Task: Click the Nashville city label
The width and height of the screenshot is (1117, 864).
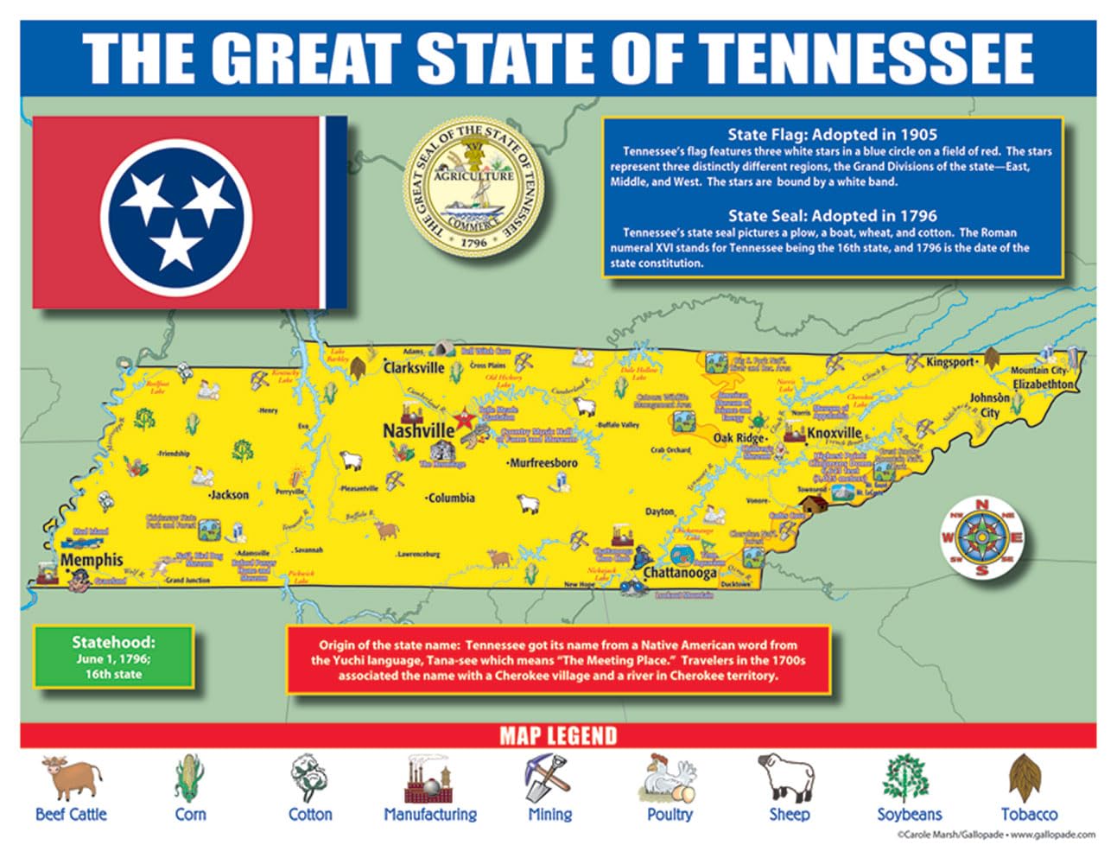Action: pyautogui.click(x=418, y=430)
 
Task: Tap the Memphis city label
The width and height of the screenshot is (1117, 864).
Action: pyautogui.click(x=92, y=560)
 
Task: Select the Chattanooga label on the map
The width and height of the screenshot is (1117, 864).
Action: pyautogui.click(x=679, y=573)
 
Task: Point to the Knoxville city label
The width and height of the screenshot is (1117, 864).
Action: pyautogui.click(x=835, y=433)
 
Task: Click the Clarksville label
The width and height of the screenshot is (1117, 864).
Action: pyautogui.click(x=414, y=367)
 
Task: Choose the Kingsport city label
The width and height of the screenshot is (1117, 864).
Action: pyautogui.click(x=949, y=362)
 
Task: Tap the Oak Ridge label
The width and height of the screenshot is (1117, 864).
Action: pyautogui.click(x=739, y=438)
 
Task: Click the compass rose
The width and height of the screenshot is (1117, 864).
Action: pyautogui.click(x=981, y=538)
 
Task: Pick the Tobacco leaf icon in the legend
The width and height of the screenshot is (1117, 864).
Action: pyautogui.click(x=1027, y=777)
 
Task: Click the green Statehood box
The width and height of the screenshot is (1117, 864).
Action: pyautogui.click(x=113, y=658)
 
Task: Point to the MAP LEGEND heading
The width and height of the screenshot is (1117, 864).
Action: pyautogui.click(x=558, y=736)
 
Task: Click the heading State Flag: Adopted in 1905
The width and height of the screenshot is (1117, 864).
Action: pyautogui.click(x=832, y=134)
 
